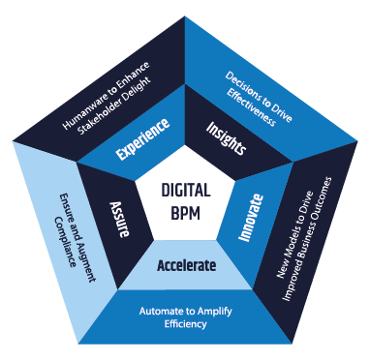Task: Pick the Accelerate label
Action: tap(187, 264)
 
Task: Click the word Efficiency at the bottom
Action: tap(186, 326)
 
